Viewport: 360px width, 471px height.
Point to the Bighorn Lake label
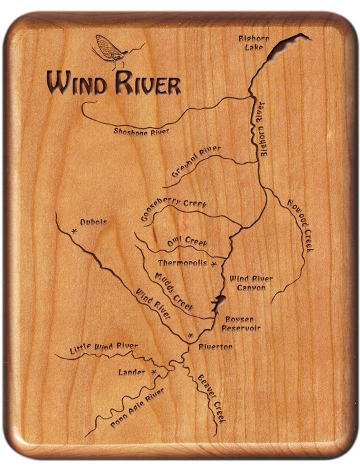click(254, 43)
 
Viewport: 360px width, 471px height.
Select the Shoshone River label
click(141, 132)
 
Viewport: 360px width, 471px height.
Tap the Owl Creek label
click(187, 242)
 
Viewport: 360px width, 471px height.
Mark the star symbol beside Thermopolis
click(214, 264)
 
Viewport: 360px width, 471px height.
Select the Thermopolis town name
click(182, 263)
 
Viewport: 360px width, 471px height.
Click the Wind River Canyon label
click(251, 283)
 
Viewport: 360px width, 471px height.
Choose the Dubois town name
click(94, 222)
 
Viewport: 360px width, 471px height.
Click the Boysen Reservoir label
click(241, 324)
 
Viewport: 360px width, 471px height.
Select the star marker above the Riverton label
click(191, 336)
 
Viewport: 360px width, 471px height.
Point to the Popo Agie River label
click(137, 408)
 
